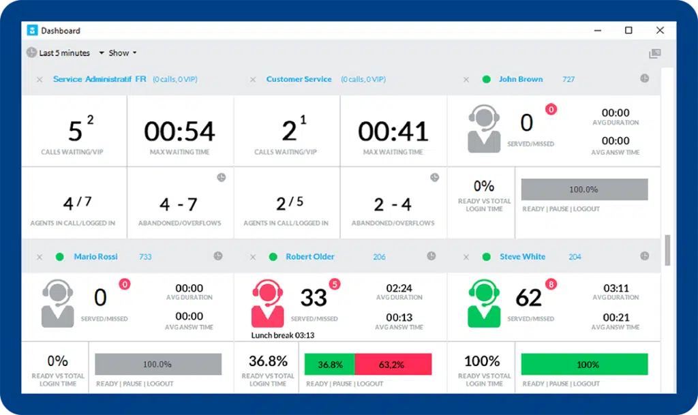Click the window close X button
(x=660, y=31)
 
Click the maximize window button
(x=628, y=31)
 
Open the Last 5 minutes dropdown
(x=65, y=53)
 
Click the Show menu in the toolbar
(x=123, y=53)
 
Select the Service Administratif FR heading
(x=100, y=79)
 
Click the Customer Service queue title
(x=299, y=79)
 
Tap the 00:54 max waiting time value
(x=179, y=131)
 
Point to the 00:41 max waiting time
(x=393, y=131)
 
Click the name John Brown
(x=521, y=79)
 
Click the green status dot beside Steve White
(x=486, y=257)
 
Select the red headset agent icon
(x=267, y=304)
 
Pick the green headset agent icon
(x=483, y=304)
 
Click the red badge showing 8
(x=551, y=284)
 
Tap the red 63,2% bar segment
(x=393, y=365)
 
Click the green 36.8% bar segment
(x=330, y=365)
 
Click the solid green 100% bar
(x=584, y=365)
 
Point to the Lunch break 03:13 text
(x=283, y=335)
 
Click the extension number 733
(x=145, y=257)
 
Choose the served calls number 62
(x=528, y=298)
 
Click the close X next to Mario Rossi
(x=40, y=257)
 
